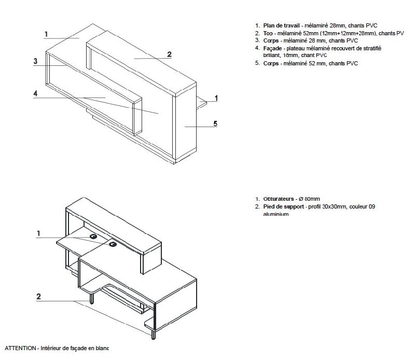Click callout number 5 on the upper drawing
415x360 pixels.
pos(215,123)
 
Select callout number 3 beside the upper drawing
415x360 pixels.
pos(35,61)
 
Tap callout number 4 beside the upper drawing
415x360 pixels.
pos(35,93)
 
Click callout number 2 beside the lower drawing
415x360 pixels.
pos(39,297)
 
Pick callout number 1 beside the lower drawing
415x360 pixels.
pos(39,233)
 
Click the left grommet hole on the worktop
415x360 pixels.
pos(94,237)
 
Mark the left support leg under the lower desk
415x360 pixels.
pos(92,298)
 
